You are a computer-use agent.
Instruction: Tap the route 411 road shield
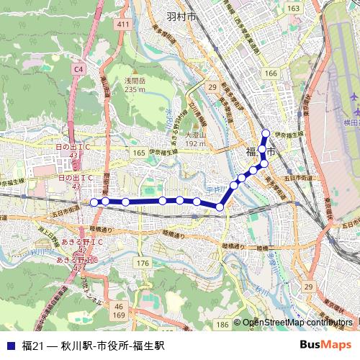pyautogui.click(x=123, y=24)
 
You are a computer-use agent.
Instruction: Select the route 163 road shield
pyautogui.click(x=293, y=8)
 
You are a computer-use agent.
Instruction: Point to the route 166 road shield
pyautogui.click(x=270, y=74)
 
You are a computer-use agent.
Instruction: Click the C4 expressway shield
pyautogui.click(x=78, y=68)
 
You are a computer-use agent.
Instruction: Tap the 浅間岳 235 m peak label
pyautogui.click(x=134, y=85)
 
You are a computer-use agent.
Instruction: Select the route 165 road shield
pyautogui.click(x=139, y=153)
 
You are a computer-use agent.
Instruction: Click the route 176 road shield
pyautogui.click(x=143, y=264)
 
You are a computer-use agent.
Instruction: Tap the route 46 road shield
pyautogui.click(x=118, y=306)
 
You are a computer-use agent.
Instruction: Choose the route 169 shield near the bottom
pyautogui.click(x=119, y=315)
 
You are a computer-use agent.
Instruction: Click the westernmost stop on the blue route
pyautogui.click(x=94, y=202)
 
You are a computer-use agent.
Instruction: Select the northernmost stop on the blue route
pyautogui.click(x=266, y=132)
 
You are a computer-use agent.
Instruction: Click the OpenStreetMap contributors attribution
pyautogui.click(x=296, y=323)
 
